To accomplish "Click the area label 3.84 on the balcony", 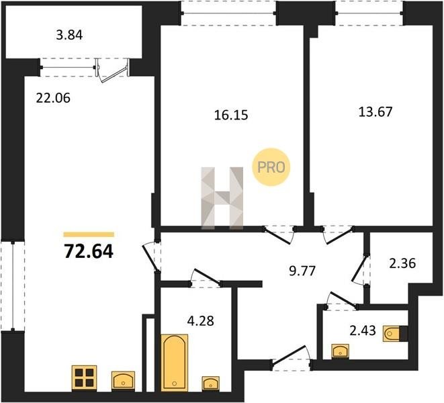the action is click(69, 35).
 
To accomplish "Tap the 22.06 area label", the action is click(53, 98).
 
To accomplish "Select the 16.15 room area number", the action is click(231, 116).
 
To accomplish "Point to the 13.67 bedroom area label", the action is click(375, 112).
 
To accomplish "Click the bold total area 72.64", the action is click(89, 251).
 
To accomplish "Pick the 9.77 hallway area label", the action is click(302, 271).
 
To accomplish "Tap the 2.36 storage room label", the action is click(402, 263).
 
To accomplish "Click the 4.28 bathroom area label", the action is click(201, 321).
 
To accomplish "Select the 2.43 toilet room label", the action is click(363, 330).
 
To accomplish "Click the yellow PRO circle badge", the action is click(271, 167).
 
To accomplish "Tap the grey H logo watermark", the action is click(222, 197).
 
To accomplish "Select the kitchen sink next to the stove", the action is click(124, 381).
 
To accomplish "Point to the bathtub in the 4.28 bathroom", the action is click(175, 362).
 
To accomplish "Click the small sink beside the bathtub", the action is click(210, 383).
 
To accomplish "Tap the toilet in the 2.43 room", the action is click(392, 333).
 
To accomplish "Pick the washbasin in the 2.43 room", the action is click(341, 351).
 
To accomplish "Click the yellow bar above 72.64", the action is click(89, 234).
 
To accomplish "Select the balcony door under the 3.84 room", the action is click(112, 70).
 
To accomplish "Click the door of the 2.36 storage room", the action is click(360, 269).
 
